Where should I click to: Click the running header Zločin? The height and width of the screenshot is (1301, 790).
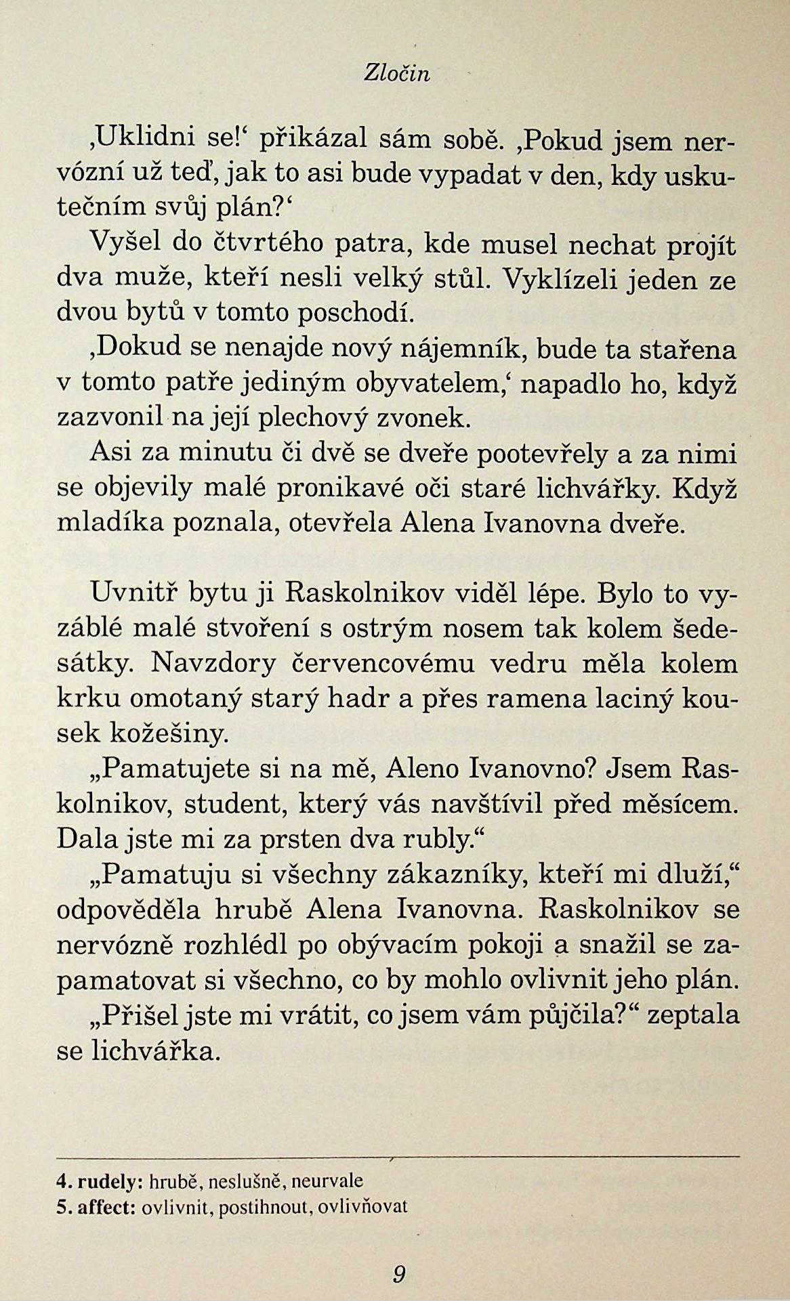pos(396,74)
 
